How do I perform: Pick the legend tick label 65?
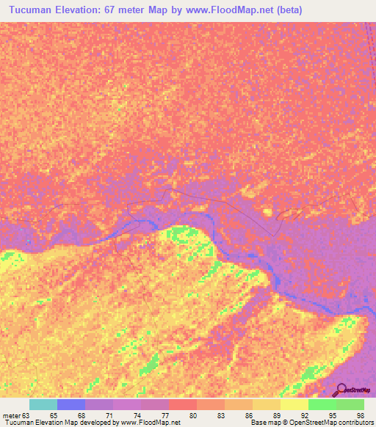pyautogui.click(x=54, y=415)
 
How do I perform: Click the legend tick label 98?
pyautogui.click(x=359, y=415)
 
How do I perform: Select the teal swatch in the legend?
pyautogui.click(x=43, y=404)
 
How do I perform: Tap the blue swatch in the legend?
pyautogui.click(x=71, y=404)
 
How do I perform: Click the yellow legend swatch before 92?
pyautogui.click(x=294, y=404)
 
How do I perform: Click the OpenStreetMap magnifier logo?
pyautogui.click(x=341, y=389)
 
